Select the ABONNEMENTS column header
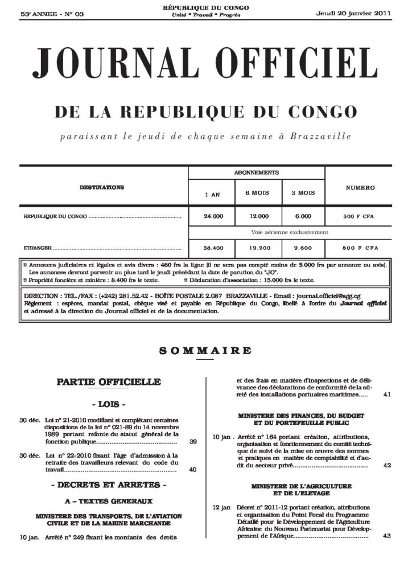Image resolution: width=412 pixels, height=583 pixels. pyautogui.click(x=256, y=172)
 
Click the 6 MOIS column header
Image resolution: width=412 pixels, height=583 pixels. pyautogui.click(x=257, y=193)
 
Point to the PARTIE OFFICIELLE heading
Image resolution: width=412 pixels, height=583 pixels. pyautogui.click(x=109, y=381)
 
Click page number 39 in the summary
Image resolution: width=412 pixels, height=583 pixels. pyautogui.click(x=193, y=441)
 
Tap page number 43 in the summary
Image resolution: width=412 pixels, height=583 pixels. pyautogui.click(x=387, y=536)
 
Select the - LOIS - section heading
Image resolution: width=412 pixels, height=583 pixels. pyautogui.click(x=109, y=405)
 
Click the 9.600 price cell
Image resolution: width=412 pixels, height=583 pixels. pyautogui.click(x=303, y=248)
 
